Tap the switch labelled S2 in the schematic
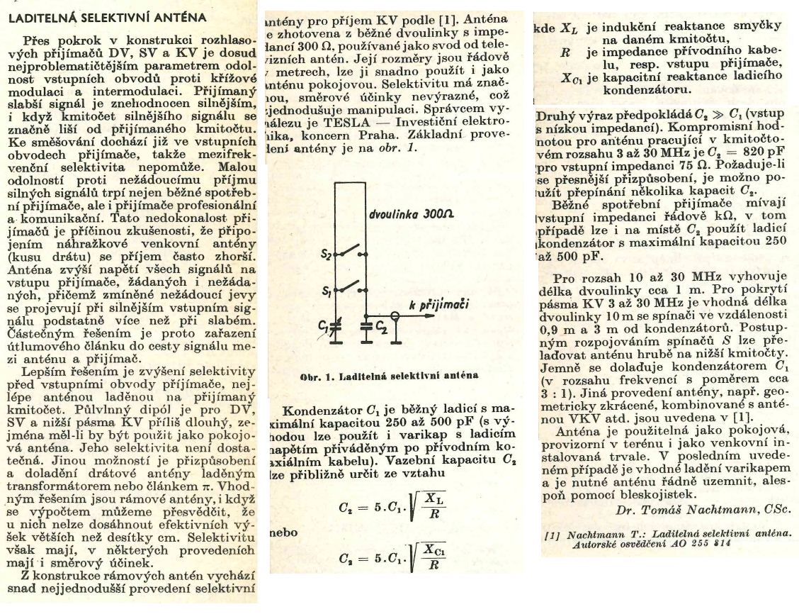pyautogui.click(x=350, y=253)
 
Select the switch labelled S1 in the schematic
pyautogui.click(x=350, y=287)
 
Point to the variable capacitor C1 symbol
pyautogui.click(x=335, y=324)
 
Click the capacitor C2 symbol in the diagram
pyautogui.click(x=366, y=326)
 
